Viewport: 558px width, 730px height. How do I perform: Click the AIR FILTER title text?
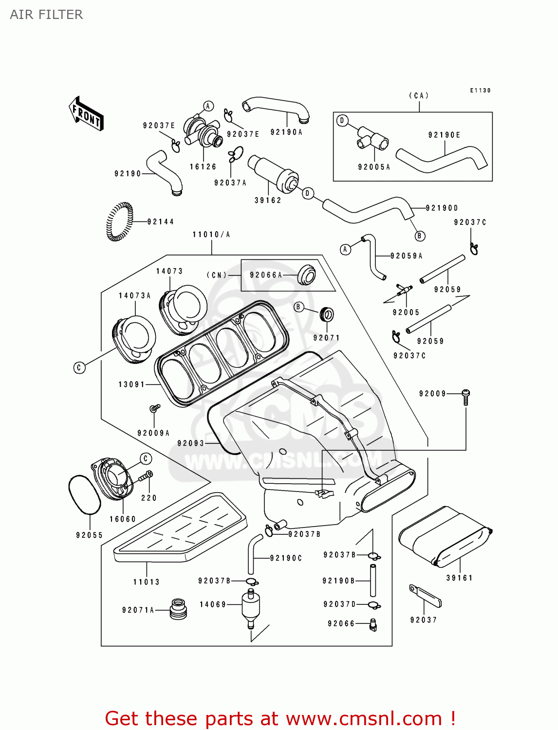pyautogui.click(x=46, y=15)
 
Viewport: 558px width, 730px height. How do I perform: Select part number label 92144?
pyautogui.click(x=160, y=222)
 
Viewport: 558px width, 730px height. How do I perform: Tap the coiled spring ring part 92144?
pyautogui.click(x=119, y=221)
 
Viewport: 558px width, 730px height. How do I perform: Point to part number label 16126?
pyautogui.click(x=203, y=167)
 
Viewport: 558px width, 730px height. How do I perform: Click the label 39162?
pyautogui.click(x=268, y=201)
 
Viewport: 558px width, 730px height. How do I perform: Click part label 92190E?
pyautogui.click(x=444, y=135)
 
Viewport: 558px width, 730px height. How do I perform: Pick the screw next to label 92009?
pyautogui.click(x=465, y=397)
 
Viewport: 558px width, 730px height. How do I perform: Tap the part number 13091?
pyautogui.click(x=132, y=384)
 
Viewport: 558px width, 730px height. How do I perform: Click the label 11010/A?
pyautogui.click(x=211, y=235)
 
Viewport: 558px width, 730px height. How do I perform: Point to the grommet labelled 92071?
pyautogui.click(x=327, y=314)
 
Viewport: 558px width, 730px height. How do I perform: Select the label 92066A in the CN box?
pyautogui.click(x=266, y=275)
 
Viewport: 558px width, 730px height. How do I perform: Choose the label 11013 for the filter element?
pyautogui.click(x=146, y=582)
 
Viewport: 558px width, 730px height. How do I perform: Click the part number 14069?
pyautogui.click(x=213, y=604)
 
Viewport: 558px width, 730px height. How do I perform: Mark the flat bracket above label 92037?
pyautogui.click(x=425, y=596)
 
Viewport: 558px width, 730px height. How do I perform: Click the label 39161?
pyautogui.click(x=459, y=578)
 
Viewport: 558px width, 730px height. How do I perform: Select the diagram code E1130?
pyautogui.click(x=480, y=91)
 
